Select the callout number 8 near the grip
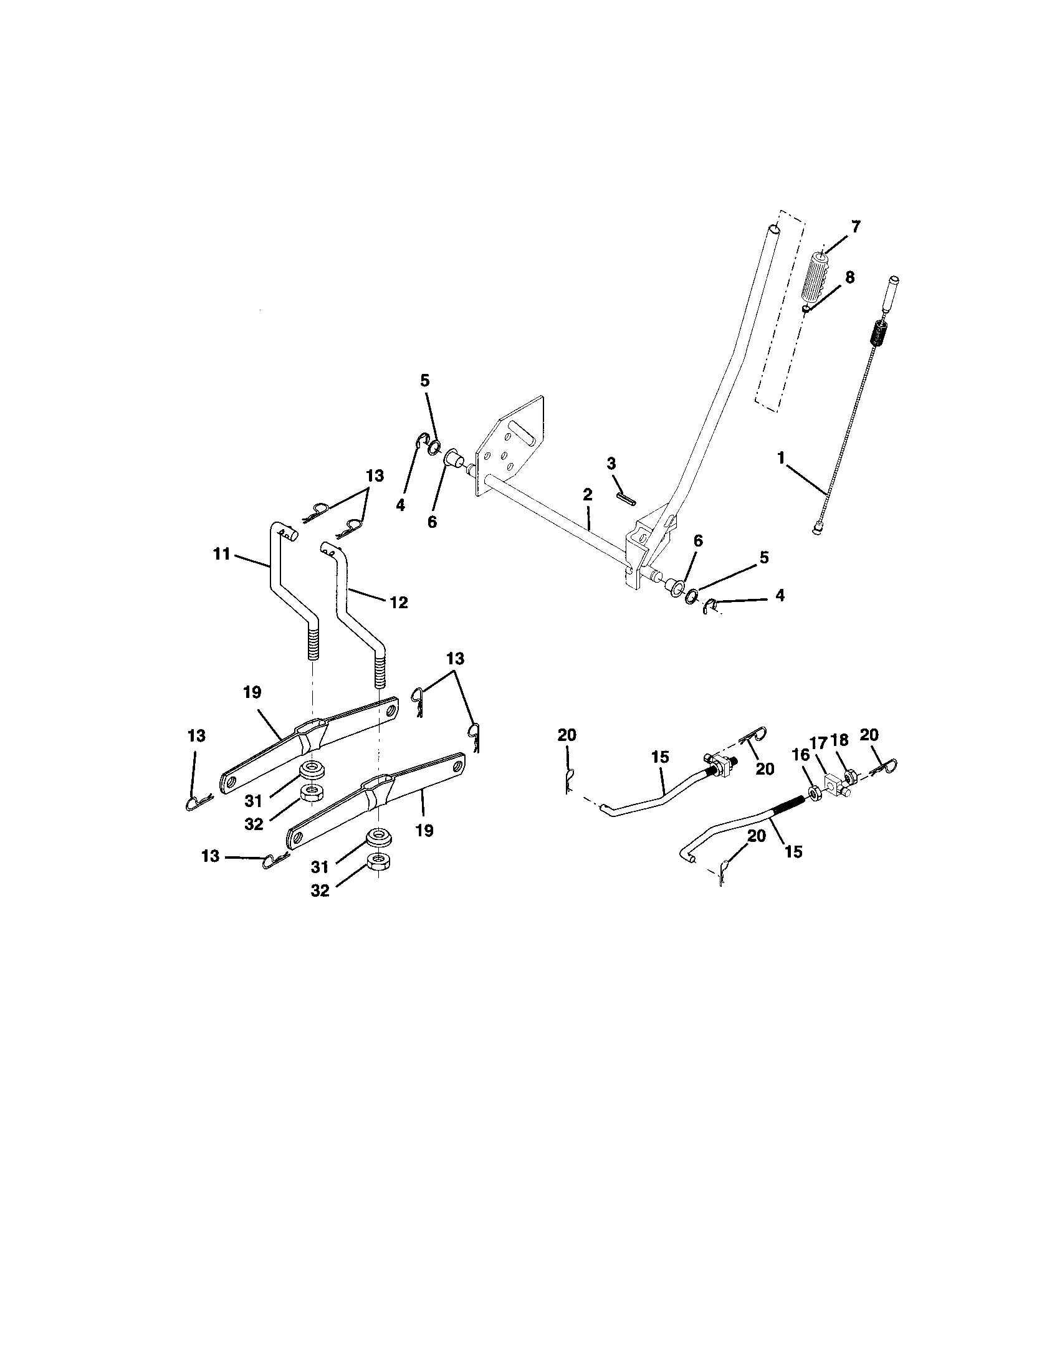coord(849,277)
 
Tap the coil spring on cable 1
coord(880,333)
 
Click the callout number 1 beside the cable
coord(781,458)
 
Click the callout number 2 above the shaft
coord(587,495)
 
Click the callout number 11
coord(222,554)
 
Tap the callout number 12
coord(399,603)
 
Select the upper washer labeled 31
coord(310,770)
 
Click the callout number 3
coord(611,463)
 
